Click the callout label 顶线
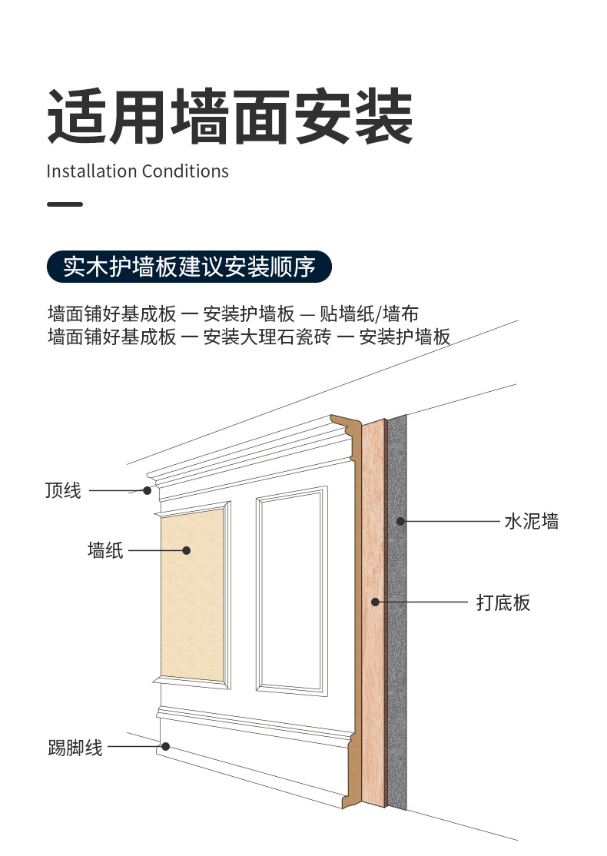click(x=63, y=490)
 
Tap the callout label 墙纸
click(x=105, y=550)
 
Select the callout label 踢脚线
click(x=75, y=747)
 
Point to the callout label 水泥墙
click(x=531, y=522)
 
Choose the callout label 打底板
click(x=503, y=602)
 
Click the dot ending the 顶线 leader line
click(x=147, y=490)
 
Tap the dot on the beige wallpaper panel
click(x=186, y=550)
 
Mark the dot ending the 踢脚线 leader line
click(x=165, y=746)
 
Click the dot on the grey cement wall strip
click(x=400, y=522)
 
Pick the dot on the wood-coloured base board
click(x=375, y=602)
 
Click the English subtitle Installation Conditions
click(x=138, y=171)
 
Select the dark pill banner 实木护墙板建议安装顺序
click(x=189, y=267)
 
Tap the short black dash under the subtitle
click(x=65, y=204)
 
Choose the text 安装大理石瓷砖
click(x=267, y=337)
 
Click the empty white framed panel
click(x=290, y=590)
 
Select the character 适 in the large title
click(x=77, y=118)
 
